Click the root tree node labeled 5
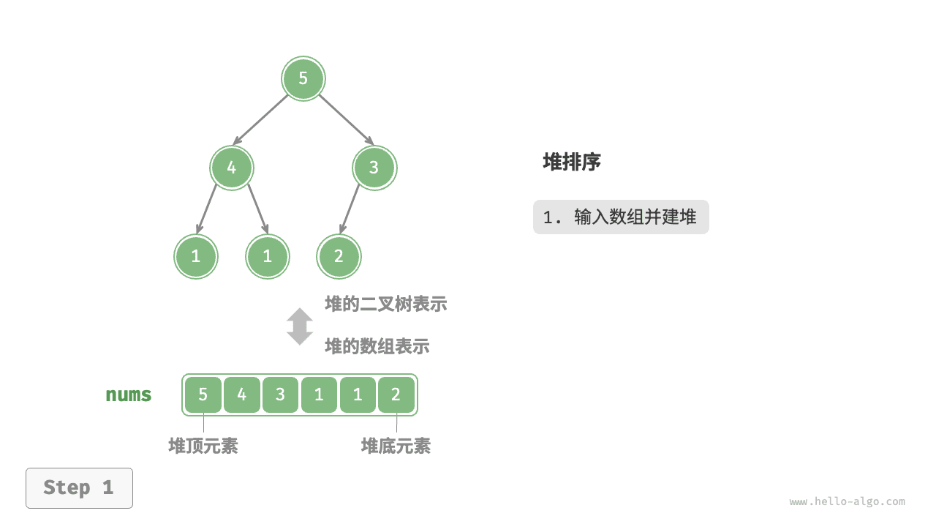point(303,78)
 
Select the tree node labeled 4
point(232,168)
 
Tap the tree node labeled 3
point(374,168)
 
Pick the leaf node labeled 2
point(339,257)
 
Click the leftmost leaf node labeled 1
point(196,257)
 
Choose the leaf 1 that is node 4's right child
point(268,257)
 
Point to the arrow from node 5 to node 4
point(261,119)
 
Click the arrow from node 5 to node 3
point(345,119)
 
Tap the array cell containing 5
point(203,395)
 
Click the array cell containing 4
point(242,395)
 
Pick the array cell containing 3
point(281,395)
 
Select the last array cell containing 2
point(396,395)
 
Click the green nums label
point(129,395)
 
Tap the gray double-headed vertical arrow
point(300,326)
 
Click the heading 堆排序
point(572,162)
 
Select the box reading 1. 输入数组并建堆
point(621,217)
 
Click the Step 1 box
point(79,488)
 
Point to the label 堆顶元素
point(203,446)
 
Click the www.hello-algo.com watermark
point(847,502)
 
